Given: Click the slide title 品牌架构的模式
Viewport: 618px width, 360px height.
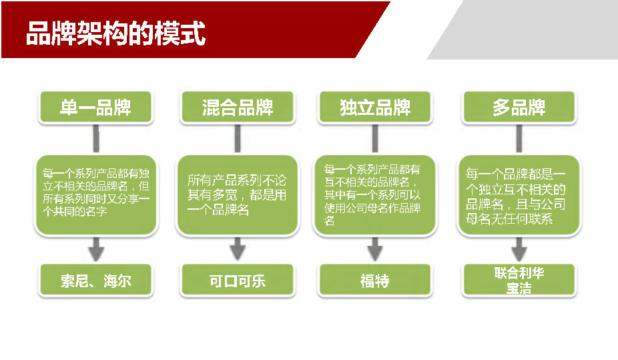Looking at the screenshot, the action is pyautogui.click(x=116, y=33).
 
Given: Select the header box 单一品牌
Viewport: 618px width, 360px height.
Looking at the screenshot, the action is pyautogui.click(x=96, y=108).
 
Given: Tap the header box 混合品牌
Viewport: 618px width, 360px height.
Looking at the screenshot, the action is pyautogui.click(x=238, y=108).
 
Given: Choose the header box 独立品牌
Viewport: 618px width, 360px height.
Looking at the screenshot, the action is pyautogui.click(x=375, y=108).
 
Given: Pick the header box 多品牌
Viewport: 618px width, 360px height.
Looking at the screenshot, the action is pyautogui.click(x=519, y=108).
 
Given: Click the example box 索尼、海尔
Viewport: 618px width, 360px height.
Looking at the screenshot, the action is pyautogui.click(x=96, y=281).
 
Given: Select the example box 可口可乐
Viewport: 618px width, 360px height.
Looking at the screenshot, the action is pyautogui.click(x=238, y=281).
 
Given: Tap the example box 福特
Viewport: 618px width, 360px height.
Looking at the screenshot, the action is pyautogui.click(x=375, y=281).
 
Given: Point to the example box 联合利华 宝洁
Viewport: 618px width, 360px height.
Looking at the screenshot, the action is pyautogui.click(x=519, y=281).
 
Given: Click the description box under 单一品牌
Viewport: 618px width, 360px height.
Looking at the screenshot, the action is pyautogui.click(x=96, y=195).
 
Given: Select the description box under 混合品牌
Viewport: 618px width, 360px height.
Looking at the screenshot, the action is pyautogui.click(x=238, y=195).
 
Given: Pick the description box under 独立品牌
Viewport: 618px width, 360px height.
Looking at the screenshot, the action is pyautogui.click(x=375, y=195).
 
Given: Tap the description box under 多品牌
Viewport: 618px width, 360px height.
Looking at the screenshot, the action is pyautogui.click(x=519, y=195).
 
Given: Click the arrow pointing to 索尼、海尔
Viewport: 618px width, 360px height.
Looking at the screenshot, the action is pyautogui.click(x=96, y=249).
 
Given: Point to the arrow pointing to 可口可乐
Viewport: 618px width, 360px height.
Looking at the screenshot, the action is pyautogui.click(x=238, y=249).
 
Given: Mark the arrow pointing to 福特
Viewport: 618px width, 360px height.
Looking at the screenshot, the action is pyautogui.click(x=375, y=249).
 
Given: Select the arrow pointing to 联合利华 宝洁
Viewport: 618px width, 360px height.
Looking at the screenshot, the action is pyautogui.click(x=519, y=249).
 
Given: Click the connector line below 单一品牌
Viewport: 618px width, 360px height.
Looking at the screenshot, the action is pyautogui.click(x=96, y=138).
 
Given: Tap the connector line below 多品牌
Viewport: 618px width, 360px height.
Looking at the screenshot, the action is pyautogui.click(x=519, y=138).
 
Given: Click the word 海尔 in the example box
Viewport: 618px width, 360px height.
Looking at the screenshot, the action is pyautogui.click(x=117, y=281).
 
